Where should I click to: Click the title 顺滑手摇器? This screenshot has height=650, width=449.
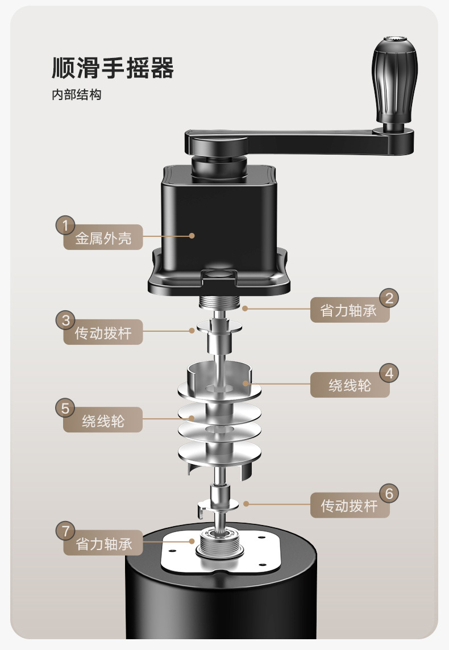point(113,68)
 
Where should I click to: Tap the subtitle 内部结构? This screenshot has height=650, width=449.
point(76,95)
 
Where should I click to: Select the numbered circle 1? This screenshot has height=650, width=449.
point(65,226)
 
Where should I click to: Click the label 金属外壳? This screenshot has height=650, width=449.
point(103,239)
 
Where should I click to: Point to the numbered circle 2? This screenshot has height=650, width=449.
point(389,298)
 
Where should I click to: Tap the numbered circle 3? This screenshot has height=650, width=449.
point(65,320)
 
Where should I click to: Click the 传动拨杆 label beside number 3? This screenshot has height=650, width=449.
point(103,333)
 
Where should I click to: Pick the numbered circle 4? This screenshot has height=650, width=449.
point(389,373)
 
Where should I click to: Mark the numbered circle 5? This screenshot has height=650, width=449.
point(65,408)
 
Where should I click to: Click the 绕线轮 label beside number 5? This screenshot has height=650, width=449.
point(103,421)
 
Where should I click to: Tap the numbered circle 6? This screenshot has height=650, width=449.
point(389,493)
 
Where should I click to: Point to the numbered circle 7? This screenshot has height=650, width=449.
point(65,531)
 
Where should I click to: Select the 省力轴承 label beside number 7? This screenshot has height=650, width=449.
point(103,544)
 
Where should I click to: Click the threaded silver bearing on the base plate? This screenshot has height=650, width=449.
point(219,545)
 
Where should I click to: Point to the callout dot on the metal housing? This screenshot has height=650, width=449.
point(192,235)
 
